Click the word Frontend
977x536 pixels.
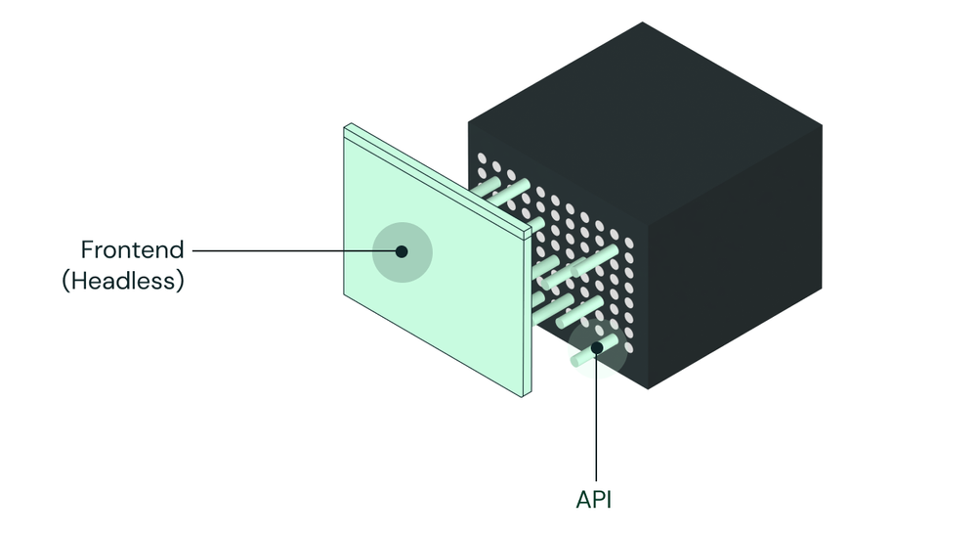tap(132, 249)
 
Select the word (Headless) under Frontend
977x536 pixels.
tap(123, 281)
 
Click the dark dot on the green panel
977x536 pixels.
tap(401, 251)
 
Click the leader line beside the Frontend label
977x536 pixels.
tap(293, 250)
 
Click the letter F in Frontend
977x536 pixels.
tap(87, 249)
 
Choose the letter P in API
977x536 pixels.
tap(596, 500)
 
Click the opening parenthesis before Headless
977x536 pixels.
tap(65, 282)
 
